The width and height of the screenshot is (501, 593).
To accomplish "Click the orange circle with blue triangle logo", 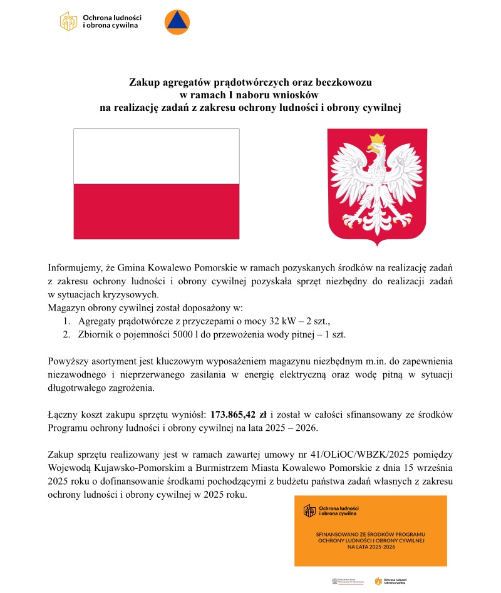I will (177, 23).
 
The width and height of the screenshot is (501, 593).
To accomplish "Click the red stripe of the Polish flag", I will (156, 211).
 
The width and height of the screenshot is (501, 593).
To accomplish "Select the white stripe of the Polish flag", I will (156, 156).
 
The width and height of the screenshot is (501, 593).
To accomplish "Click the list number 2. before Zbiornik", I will (66, 334).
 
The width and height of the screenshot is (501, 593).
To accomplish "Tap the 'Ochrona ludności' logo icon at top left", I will (68, 21).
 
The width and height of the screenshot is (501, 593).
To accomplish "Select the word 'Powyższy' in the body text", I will (68, 362).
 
